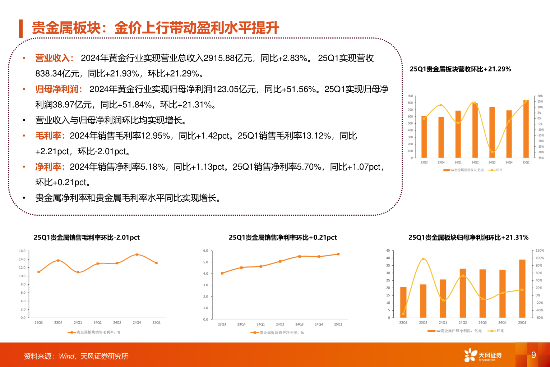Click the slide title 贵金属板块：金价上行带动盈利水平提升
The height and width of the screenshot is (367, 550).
coord(155,28)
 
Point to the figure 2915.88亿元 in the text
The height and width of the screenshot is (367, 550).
coord(228,58)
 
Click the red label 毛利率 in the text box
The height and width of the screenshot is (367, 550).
coord(48,136)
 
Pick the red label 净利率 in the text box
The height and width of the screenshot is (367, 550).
coord(48,167)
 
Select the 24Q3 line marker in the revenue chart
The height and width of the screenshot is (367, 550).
coord(492,152)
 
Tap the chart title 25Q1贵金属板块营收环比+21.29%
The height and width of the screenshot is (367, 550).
coord(460,69)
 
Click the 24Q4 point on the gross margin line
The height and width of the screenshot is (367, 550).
coord(137,254)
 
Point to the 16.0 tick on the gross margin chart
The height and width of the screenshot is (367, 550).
coord(22,251)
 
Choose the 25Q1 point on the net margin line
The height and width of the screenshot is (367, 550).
coord(338,254)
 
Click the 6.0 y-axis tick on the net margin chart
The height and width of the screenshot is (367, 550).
coord(205,251)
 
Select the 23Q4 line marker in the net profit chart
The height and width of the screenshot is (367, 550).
coord(423,259)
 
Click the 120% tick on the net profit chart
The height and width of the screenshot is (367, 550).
coord(540,251)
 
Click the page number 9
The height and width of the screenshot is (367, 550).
coord(533,355)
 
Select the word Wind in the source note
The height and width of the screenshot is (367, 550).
coord(67,356)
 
